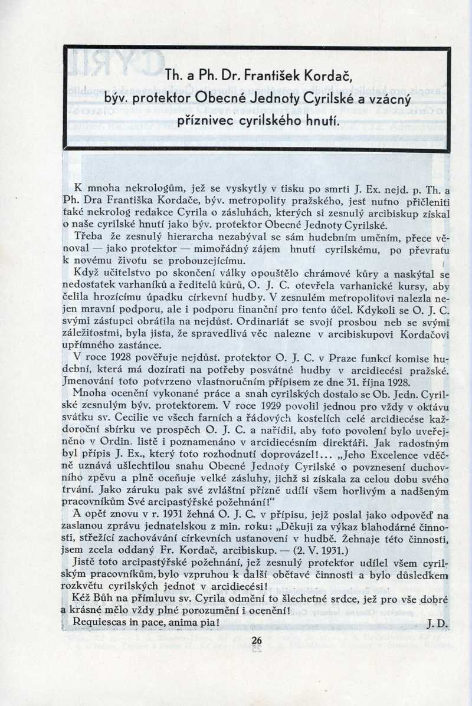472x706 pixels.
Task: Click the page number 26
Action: point(256,642)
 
